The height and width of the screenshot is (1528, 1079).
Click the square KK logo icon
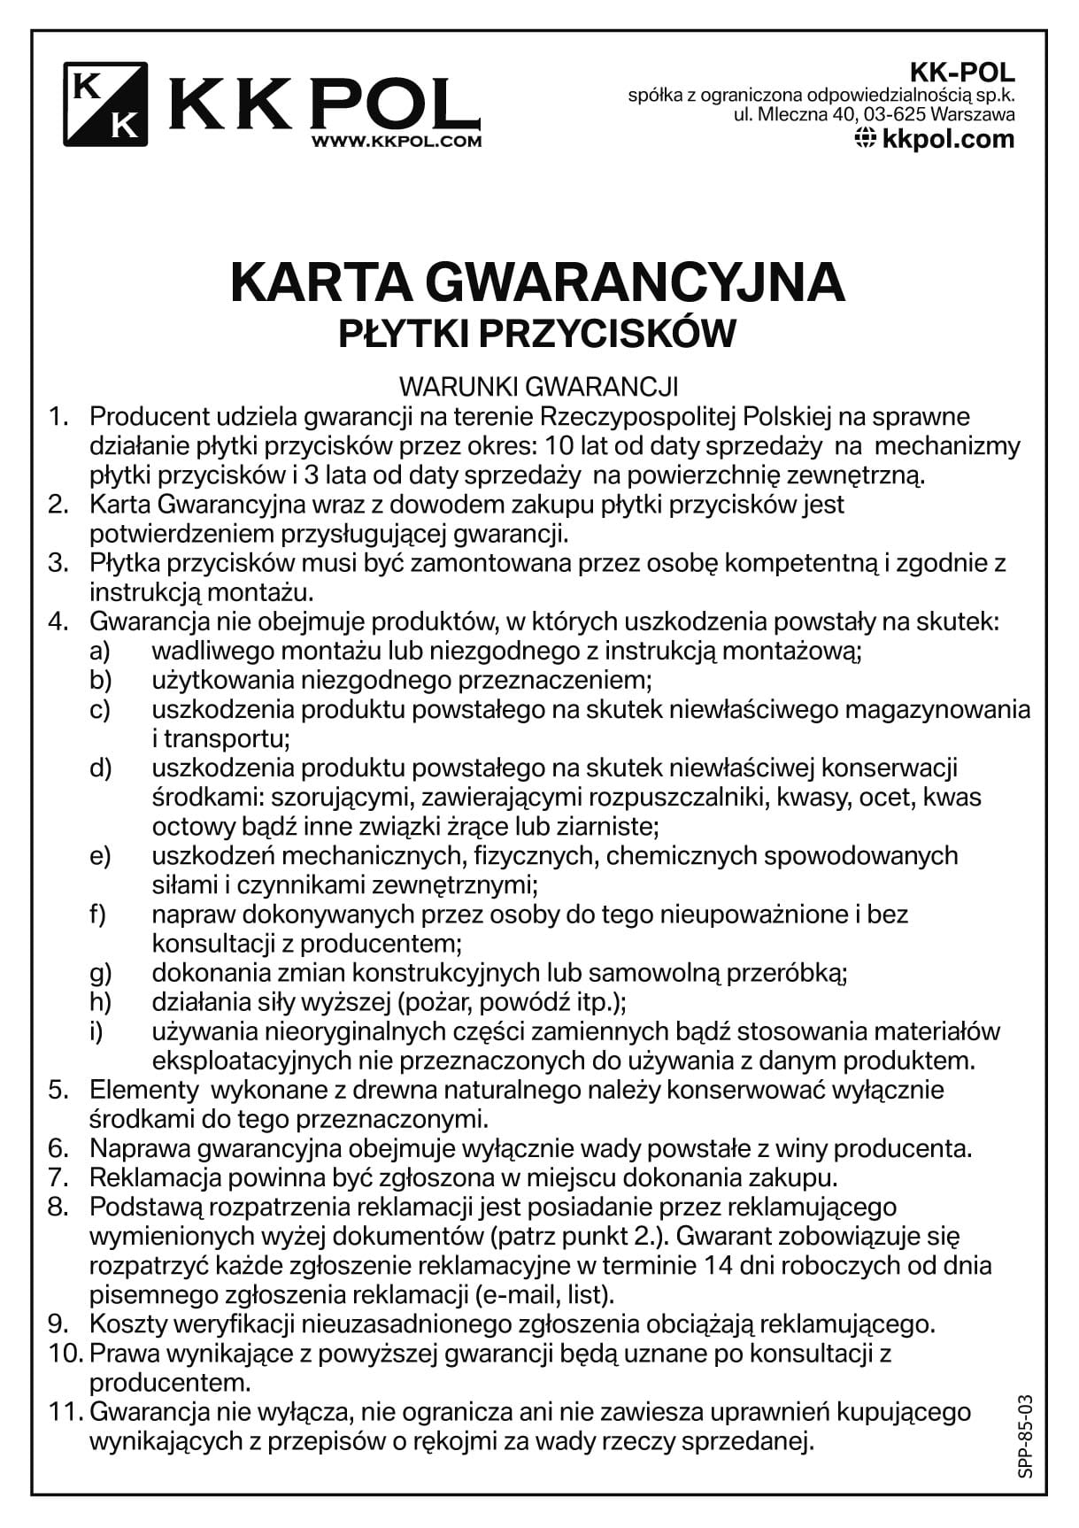(104, 104)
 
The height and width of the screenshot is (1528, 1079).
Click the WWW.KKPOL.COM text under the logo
(397, 140)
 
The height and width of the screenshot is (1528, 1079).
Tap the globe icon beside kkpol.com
(866, 138)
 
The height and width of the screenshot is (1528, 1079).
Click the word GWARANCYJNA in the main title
(636, 282)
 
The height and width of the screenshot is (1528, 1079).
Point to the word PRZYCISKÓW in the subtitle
(612, 334)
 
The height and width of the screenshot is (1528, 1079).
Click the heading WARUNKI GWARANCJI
(538, 387)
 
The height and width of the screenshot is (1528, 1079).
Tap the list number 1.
(58, 416)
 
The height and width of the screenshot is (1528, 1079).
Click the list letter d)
(100, 768)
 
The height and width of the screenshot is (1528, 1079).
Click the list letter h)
(100, 1002)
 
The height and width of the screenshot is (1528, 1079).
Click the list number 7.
(58, 1177)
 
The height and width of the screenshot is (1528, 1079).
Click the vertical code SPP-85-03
(1025, 1436)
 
